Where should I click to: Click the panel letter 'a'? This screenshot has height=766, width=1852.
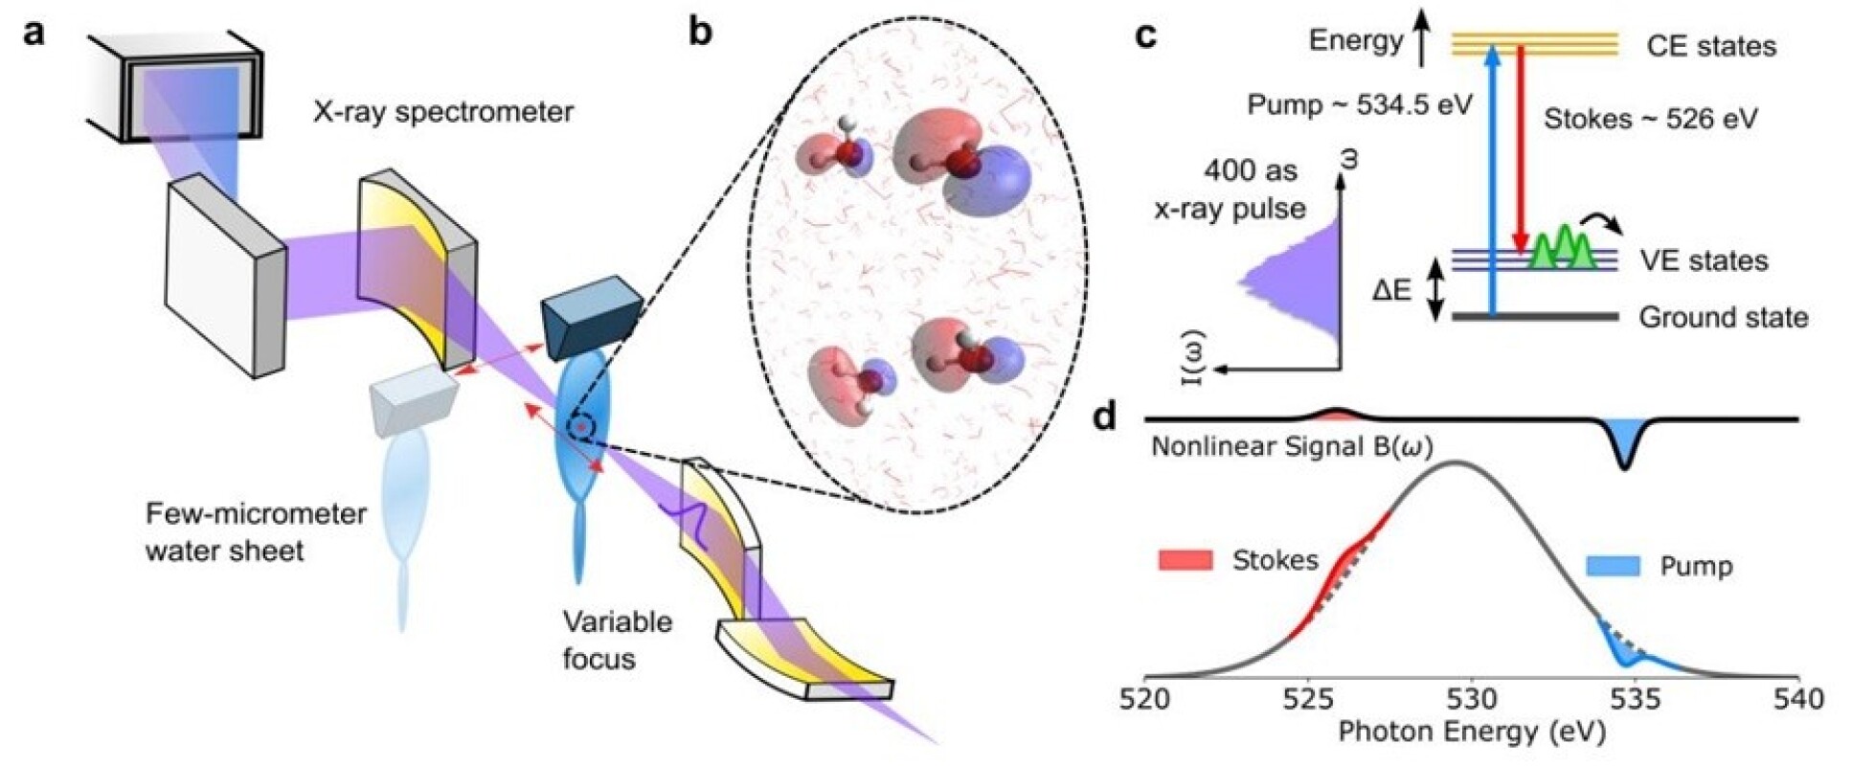tap(34, 33)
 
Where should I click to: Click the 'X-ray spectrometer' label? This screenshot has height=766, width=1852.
tap(443, 112)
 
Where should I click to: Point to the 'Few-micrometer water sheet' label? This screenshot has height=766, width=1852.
tap(256, 532)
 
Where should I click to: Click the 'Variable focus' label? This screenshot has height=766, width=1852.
tap(617, 640)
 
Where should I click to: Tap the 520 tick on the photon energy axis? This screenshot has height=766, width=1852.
tap(1146, 699)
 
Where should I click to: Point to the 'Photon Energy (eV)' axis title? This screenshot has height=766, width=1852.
tap(1471, 732)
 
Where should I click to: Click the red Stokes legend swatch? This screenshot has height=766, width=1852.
tap(1185, 560)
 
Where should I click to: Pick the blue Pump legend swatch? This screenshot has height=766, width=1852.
tap(1613, 566)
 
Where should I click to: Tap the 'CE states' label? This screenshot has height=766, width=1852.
tap(1710, 46)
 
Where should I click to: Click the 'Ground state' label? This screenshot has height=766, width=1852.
tap(1723, 317)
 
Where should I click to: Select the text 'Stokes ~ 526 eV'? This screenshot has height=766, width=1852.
tap(1651, 119)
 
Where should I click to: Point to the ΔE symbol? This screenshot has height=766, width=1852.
tap(1391, 289)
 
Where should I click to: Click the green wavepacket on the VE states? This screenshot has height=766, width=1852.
tap(1562, 250)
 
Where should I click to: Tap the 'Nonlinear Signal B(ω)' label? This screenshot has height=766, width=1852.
tap(1291, 447)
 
